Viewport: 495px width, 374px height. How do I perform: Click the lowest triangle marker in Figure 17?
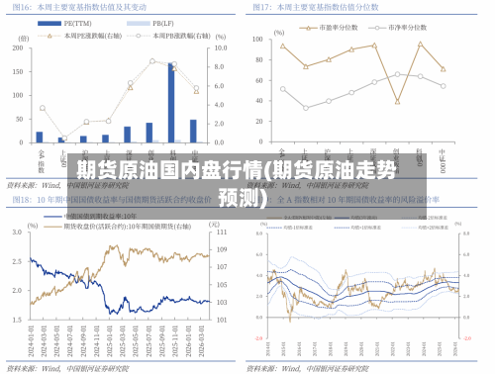[x=397, y=101]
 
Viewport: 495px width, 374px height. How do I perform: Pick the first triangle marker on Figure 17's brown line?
[x=282, y=46]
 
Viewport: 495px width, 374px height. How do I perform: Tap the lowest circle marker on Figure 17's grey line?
[x=306, y=108]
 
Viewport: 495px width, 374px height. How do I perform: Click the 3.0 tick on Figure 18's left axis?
[x=21, y=232]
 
